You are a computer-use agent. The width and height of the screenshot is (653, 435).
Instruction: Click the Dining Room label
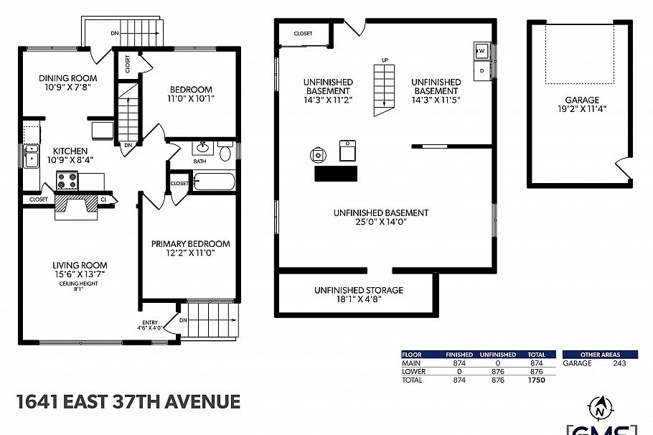point(67,83)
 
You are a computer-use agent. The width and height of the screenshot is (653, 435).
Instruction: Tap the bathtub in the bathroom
point(215,181)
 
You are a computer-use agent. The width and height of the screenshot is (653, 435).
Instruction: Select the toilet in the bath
point(225,151)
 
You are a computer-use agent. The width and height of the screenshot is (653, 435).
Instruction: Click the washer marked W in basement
point(482,51)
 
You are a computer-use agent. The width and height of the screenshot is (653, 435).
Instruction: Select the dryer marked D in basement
point(482,70)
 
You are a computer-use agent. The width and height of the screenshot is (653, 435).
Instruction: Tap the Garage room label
point(581,105)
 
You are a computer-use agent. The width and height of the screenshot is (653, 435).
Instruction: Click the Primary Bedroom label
point(190,248)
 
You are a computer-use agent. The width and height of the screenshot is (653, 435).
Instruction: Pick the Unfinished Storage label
point(358,295)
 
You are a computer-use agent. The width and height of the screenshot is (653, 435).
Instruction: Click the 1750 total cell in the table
point(536,380)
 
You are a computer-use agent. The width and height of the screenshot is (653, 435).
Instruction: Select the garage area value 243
point(619,363)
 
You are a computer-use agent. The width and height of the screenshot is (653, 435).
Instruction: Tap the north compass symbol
point(598,409)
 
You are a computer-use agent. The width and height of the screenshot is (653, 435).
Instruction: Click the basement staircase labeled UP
point(385,88)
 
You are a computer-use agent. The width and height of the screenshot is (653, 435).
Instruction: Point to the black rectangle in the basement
point(335,174)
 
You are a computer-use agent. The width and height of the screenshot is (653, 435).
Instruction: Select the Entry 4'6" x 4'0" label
point(151,325)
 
